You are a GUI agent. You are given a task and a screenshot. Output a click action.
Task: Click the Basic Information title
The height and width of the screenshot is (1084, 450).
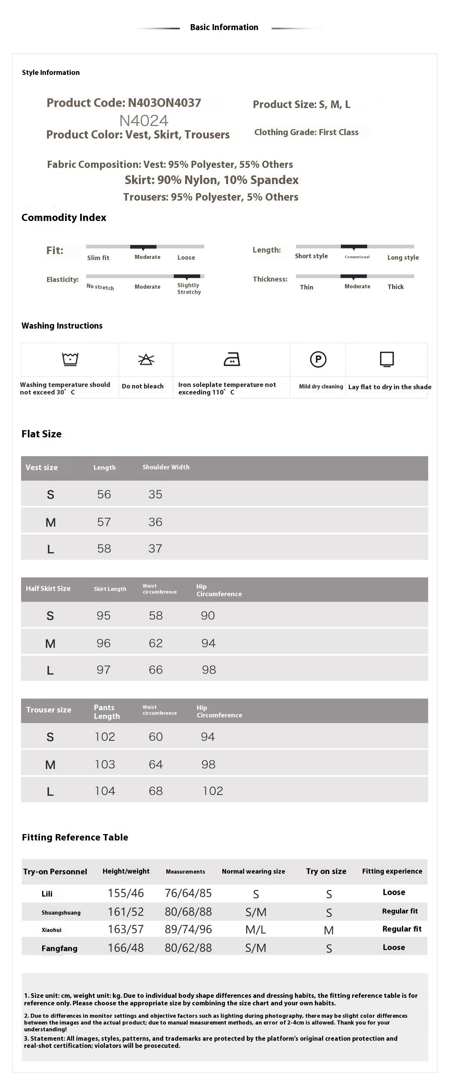(x=224, y=27)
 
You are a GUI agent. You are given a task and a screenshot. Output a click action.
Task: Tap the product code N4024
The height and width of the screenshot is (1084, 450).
(x=144, y=121)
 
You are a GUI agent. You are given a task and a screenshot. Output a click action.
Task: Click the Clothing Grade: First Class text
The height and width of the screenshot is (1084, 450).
(x=306, y=132)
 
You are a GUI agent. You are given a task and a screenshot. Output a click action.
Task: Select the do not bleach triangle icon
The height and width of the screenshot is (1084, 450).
(x=146, y=359)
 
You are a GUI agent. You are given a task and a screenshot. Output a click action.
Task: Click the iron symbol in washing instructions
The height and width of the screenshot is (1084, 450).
(x=232, y=359)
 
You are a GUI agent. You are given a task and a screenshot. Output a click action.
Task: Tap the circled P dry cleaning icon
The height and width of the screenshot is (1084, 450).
(x=318, y=359)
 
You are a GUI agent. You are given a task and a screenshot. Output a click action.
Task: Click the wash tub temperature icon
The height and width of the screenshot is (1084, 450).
(x=70, y=359)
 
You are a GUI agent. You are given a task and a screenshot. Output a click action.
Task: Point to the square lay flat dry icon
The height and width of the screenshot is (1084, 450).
(x=386, y=359)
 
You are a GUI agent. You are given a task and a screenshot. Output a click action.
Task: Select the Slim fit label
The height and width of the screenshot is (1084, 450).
(x=98, y=258)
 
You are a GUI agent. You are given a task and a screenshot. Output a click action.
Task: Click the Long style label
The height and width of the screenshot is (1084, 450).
(x=403, y=257)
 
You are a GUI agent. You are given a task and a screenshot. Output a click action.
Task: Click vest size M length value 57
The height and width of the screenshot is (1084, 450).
(x=104, y=522)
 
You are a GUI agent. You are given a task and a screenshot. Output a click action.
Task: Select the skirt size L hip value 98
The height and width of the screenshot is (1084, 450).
(x=208, y=670)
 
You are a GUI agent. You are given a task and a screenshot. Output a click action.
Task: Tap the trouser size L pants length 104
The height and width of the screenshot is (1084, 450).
(x=105, y=791)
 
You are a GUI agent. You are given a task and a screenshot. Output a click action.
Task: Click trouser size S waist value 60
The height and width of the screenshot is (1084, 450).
(x=156, y=737)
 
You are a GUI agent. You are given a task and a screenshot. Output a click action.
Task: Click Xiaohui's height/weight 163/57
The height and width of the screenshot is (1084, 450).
(x=125, y=929)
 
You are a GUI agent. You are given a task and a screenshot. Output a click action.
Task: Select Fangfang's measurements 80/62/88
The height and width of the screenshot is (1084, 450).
(x=188, y=948)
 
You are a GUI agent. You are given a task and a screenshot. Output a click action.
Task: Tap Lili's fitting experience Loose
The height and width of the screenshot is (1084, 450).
(x=394, y=892)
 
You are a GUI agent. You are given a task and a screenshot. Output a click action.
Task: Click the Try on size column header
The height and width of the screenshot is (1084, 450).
(x=326, y=871)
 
